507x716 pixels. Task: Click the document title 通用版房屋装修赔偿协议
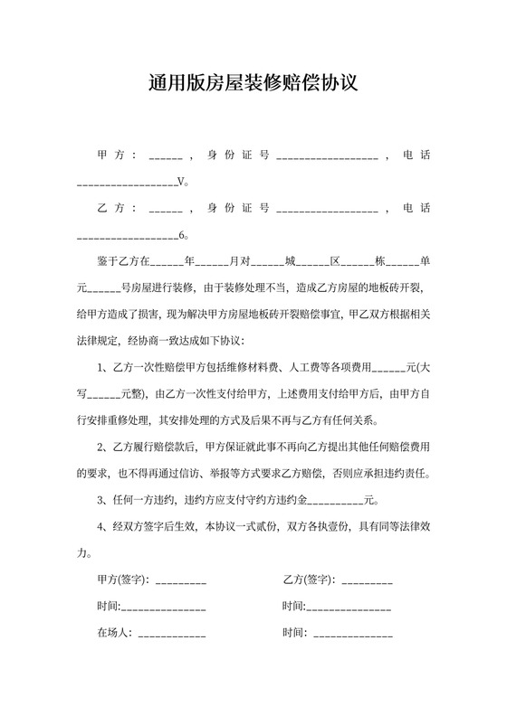253,84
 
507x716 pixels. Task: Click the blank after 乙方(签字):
368,579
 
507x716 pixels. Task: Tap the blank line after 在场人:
171,633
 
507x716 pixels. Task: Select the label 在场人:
115,633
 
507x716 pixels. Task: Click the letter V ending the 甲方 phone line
181,182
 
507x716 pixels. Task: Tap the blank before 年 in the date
167,262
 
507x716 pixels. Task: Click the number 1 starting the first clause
100,368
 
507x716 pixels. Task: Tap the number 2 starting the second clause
100,447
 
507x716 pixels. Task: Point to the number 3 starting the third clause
100,501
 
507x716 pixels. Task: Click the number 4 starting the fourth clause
100,527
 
